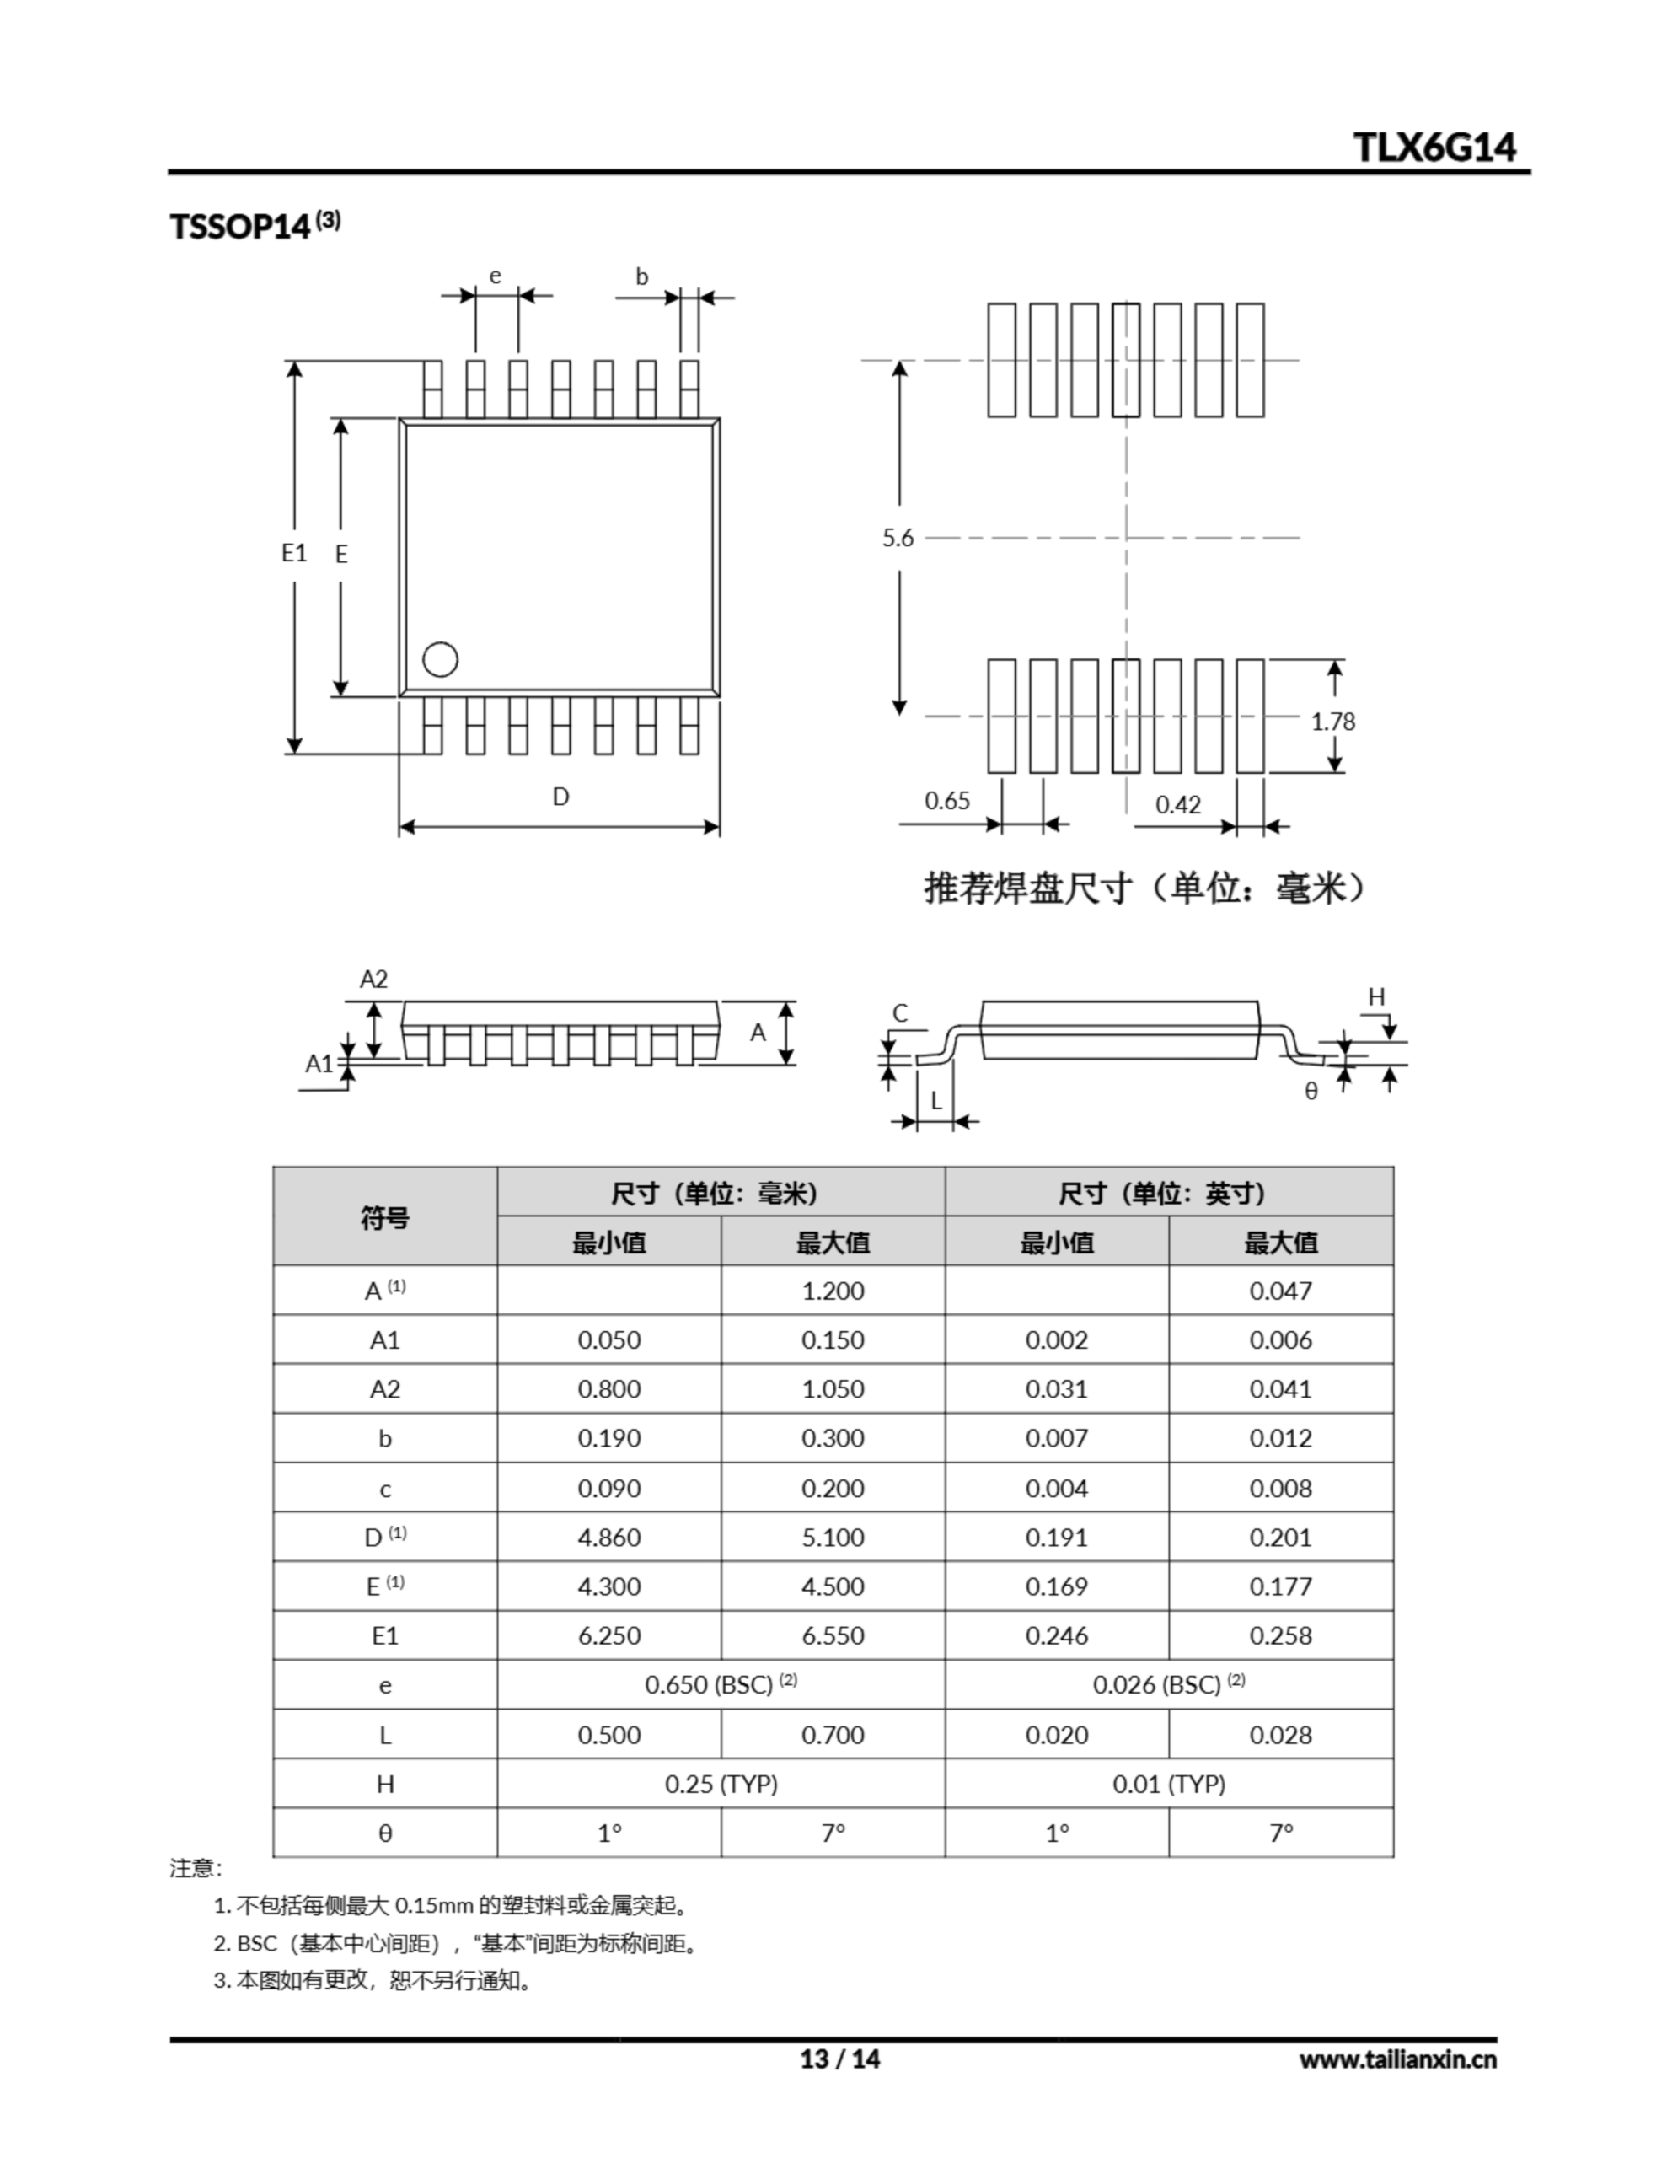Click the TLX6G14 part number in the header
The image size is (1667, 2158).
point(1434,148)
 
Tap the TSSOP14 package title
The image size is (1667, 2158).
point(241,226)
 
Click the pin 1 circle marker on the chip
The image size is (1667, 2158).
point(440,660)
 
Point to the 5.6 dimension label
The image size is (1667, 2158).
point(898,539)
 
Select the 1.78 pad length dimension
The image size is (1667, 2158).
point(1333,722)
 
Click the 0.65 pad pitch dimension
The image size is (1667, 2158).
point(946,800)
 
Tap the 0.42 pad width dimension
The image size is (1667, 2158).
point(1178,804)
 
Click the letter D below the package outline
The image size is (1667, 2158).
point(560,797)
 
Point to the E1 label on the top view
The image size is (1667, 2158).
point(293,552)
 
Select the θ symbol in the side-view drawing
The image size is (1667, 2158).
point(1311,1091)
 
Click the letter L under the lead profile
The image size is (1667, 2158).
point(935,1101)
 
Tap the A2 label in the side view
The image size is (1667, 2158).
point(373,980)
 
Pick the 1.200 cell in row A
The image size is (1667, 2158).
point(832,1291)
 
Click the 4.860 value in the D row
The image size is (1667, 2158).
point(608,1538)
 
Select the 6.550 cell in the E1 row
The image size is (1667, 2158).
point(832,1635)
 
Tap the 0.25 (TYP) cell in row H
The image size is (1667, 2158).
point(721,1784)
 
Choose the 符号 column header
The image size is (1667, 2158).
point(384,1216)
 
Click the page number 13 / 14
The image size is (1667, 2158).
point(839,2059)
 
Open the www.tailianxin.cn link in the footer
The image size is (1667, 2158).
point(1397,2059)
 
